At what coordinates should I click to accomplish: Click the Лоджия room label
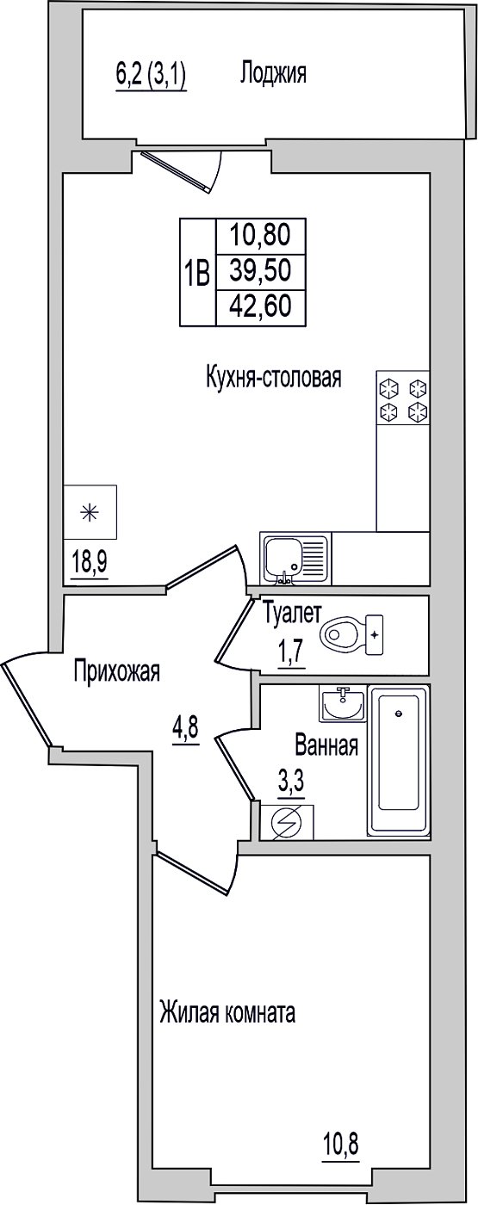click(274, 74)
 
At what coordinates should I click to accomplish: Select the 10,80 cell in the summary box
click(260, 234)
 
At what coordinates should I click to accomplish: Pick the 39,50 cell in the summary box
click(260, 270)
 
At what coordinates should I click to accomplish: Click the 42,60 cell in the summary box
click(260, 306)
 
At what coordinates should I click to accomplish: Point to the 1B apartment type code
click(197, 272)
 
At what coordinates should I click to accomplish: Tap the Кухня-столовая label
click(274, 378)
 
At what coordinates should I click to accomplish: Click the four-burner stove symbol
click(403, 398)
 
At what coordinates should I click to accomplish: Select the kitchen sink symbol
click(295, 559)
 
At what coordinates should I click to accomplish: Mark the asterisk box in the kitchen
click(90, 511)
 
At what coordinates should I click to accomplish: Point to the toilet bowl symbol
click(352, 635)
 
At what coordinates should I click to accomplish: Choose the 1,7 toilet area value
click(292, 655)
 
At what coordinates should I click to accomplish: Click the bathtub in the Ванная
click(398, 760)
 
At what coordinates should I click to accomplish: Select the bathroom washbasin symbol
click(343, 704)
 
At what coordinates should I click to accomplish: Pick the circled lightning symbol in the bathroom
click(286, 823)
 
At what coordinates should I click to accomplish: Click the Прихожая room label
click(117, 672)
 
